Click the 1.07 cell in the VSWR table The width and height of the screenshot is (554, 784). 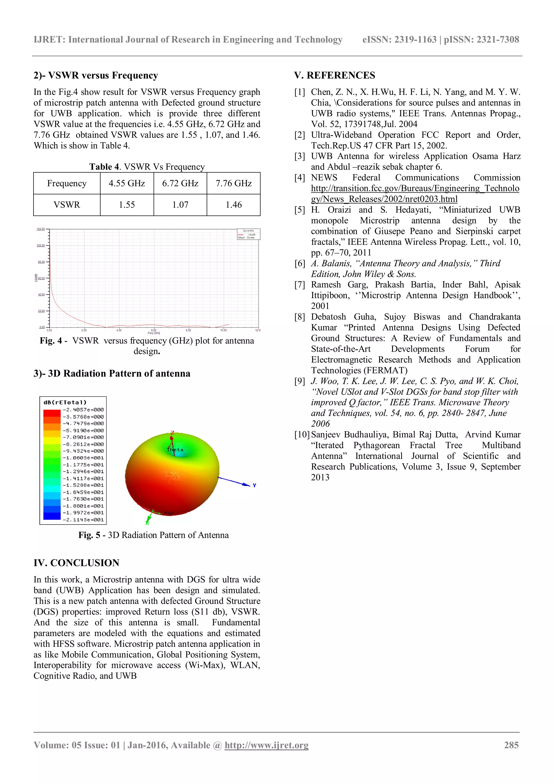click(x=180, y=205)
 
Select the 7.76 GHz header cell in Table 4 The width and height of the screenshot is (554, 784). click(x=233, y=183)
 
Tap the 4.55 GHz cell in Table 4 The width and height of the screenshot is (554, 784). click(x=127, y=183)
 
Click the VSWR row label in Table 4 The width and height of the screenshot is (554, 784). click(x=67, y=205)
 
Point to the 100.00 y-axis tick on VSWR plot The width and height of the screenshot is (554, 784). click(x=41, y=246)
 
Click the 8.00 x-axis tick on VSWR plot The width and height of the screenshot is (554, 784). click(x=189, y=330)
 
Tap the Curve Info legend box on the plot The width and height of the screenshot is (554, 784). click(x=249, y=234)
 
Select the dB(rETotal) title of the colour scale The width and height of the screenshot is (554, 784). click(x=65, y=402)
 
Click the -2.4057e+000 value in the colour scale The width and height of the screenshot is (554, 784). click(x=83, y=410)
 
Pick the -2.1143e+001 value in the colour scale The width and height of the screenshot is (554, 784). click(x=83, y=520)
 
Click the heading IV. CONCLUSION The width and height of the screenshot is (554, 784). click(x=77, y=563)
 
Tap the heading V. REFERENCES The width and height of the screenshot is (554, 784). click(x=335, y=75)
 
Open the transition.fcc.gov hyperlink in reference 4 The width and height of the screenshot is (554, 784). click(x=415, y=189)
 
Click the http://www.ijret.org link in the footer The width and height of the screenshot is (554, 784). click(x=266, y=745)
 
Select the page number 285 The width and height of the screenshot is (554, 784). click(x=511, y=745)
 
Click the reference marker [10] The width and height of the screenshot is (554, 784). click(x=302, y=435)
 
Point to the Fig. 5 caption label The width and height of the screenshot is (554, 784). click(x=89, y=535)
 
